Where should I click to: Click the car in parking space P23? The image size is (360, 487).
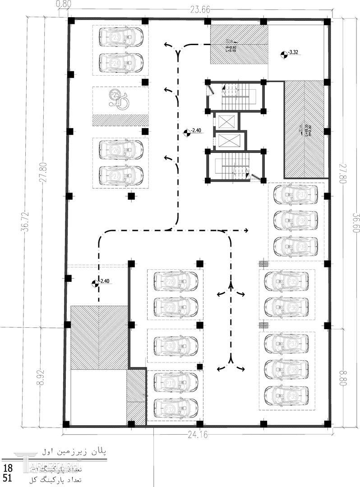120,36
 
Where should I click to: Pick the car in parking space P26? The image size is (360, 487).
120,148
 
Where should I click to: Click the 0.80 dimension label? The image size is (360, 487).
64,4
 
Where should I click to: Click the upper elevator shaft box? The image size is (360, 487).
226,121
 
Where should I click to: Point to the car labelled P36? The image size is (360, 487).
286,307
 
